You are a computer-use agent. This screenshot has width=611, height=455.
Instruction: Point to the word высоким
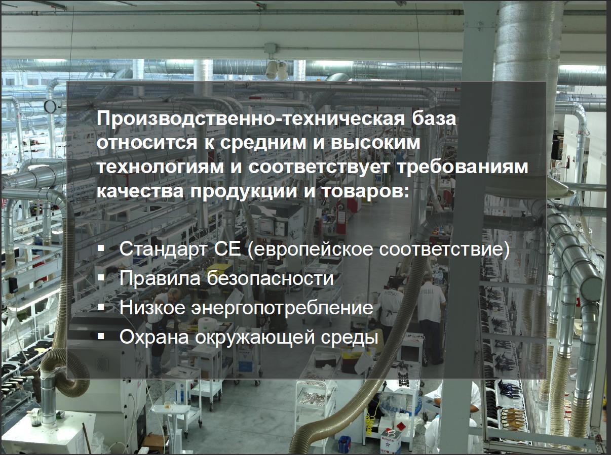tap(371, 143)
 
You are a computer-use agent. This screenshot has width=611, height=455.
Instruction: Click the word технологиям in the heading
tap(160, 168)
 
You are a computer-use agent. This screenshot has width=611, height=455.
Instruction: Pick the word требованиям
tap(463, 167)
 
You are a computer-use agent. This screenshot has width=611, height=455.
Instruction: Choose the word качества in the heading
tap(140, 191)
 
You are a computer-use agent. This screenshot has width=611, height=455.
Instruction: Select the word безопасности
tap(270, 277)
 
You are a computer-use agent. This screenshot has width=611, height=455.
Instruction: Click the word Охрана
tap(154, 337)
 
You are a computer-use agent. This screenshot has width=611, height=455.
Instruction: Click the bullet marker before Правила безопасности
tap(101, 277)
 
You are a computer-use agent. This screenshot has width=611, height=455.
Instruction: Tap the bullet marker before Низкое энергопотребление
tap(101, 307)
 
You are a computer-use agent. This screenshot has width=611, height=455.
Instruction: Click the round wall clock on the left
tap(51, 107)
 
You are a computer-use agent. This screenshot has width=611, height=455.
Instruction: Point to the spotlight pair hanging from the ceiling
tap(277, 69)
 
